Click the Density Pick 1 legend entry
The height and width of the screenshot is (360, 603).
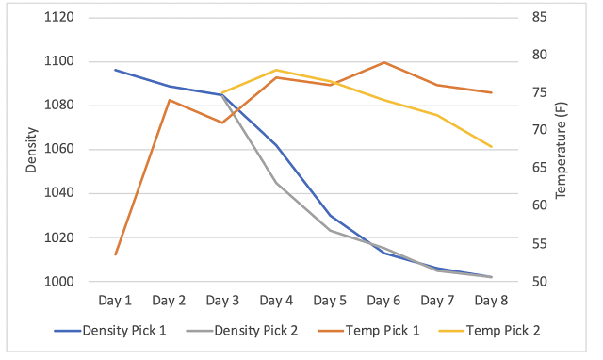click(x=110, y=331)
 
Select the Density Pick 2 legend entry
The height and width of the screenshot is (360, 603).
click(x=242, y=331)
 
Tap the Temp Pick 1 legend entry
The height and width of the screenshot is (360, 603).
click(x=368, y=331)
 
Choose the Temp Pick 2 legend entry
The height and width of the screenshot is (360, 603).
click(x=490, y=331)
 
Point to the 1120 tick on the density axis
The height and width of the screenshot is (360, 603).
click(x=59, y=17)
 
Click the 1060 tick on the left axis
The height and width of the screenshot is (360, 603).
click(x=59, y=149)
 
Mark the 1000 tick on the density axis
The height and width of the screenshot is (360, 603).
click(x=59, y=282)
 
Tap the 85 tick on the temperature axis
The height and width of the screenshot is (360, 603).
click(x=540, y=17)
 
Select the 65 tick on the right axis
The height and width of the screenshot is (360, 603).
click(x=540, y=168)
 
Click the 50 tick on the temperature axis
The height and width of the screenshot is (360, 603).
click(x=540, y=282)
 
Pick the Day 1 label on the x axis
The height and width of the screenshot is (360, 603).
click(x=115, y=301)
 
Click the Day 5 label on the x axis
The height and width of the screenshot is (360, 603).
click(x=330, y=301)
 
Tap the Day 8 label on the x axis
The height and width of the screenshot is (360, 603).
click(x=491, y=301)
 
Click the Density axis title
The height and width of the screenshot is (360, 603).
click(x=31, y=150)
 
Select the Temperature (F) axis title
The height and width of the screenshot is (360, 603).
click(x=562, y=150)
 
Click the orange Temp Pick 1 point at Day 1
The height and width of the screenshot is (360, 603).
click(x=115, y=254)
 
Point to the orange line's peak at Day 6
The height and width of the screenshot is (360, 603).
click(x=384, y=62)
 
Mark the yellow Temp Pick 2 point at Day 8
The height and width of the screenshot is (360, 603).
click(x=492, y=146)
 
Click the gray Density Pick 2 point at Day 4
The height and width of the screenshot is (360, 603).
click(x=276, y=183)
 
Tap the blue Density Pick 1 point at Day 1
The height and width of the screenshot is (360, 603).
click(x=115, y=70)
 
